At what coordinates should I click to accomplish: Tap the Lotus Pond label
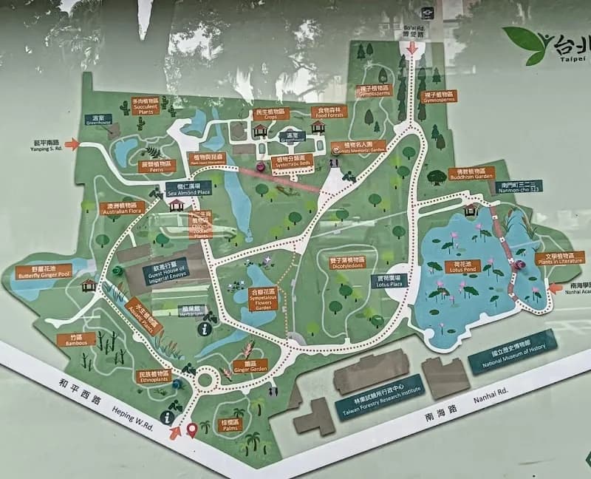pyautogui.click(x=465, y=267)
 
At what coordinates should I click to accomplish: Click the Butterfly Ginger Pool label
pyautogui.click(x=45, y=271)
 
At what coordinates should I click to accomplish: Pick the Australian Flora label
pyautogui.click(x=123, y=208)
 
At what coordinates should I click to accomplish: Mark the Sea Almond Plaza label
pyautogui.click(x=189, y=189)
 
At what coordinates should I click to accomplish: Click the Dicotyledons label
pyautogui.click(x=346, y=262)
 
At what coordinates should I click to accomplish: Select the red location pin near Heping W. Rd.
pyautogui.click(x=193, y=429)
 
